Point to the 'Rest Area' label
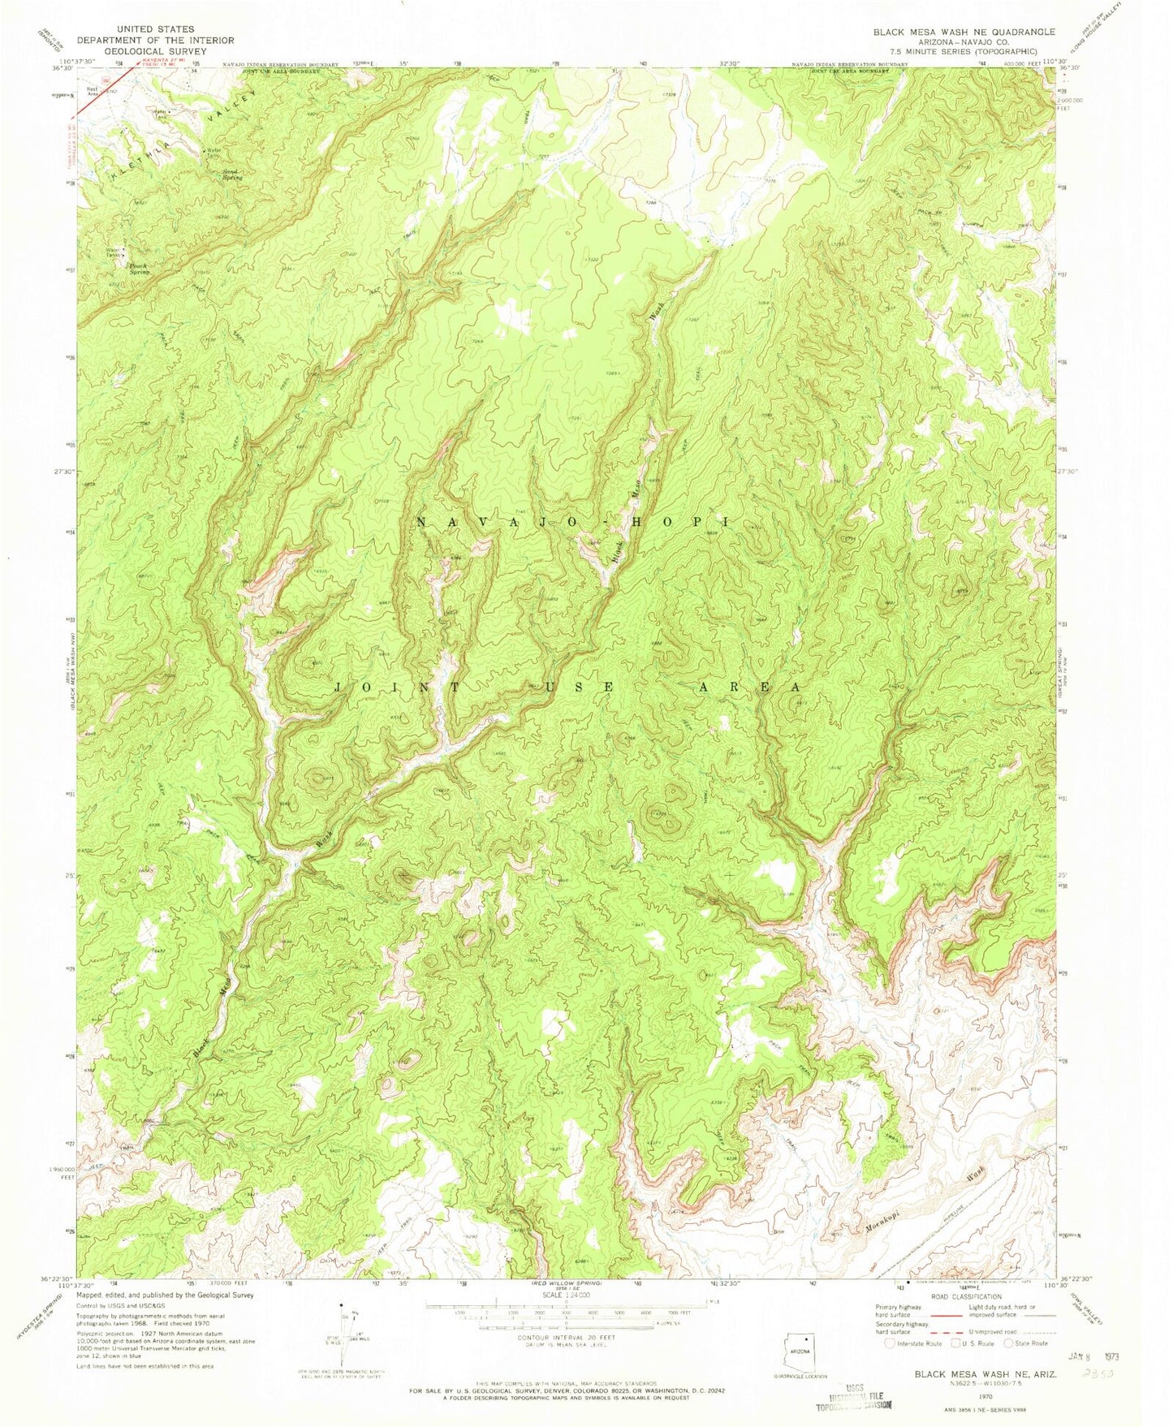92,90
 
